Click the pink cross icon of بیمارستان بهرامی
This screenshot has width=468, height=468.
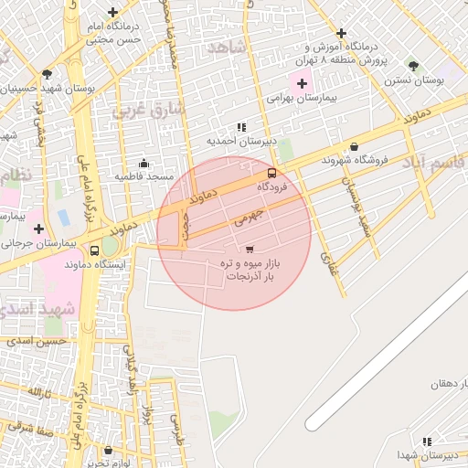tap(303, 83)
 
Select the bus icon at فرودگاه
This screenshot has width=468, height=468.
tap(271, 173)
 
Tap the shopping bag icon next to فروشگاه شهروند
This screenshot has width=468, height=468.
tap(354, 146)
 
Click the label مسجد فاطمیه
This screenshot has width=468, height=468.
tap(144, 175)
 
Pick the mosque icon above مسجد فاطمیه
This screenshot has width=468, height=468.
tap(144, 163)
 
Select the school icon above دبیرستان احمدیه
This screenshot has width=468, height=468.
tap(240, 128)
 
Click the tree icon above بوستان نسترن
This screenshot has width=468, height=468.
tap(413, 66)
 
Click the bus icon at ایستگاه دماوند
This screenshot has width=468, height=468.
tap(95, 251)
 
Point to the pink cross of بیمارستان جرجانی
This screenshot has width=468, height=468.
tap(38, 229)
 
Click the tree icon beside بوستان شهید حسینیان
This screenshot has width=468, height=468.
tap(47, 75)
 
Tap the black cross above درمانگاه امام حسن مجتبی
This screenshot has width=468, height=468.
tap(112, 13)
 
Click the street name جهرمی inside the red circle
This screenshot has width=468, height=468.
tap(248, 216)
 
